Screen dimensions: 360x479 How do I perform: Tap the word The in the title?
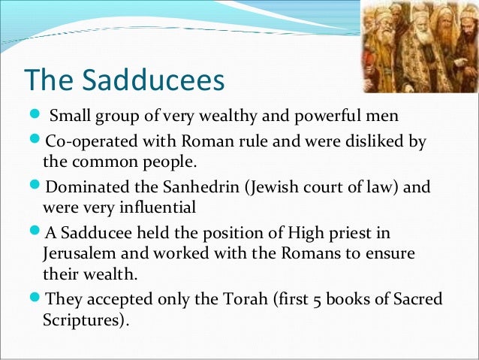46,80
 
